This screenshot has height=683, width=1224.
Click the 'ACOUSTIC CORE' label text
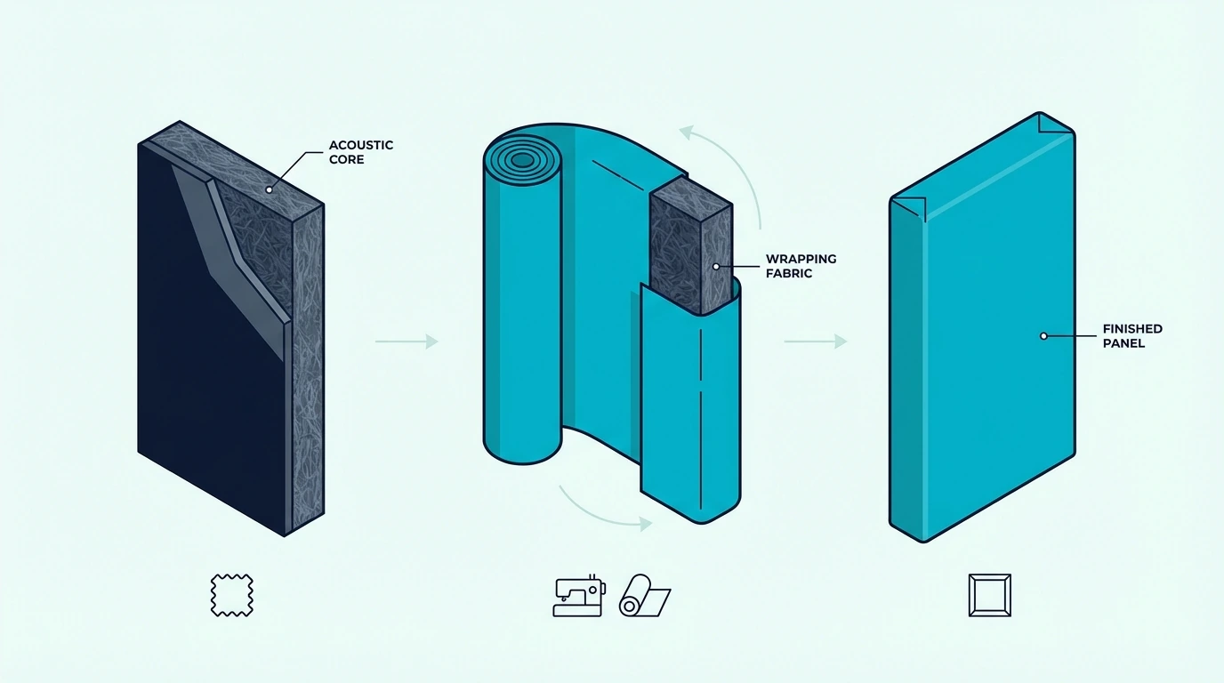360,152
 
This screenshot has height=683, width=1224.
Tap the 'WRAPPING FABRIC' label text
801,266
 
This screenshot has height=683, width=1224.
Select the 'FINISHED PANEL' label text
1132,336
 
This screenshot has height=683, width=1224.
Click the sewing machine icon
579,597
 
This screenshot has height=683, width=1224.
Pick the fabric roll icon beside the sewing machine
645,596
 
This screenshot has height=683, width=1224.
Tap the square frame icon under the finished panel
989,595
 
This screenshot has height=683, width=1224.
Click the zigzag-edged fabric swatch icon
231,595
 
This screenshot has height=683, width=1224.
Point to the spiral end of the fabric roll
522,160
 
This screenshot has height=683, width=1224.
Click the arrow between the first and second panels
407,341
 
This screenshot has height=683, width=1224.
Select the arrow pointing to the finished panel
816,341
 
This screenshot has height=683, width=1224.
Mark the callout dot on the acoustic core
269,189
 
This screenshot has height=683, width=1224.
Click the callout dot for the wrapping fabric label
716,267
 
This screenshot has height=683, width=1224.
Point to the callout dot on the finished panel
1043,336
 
